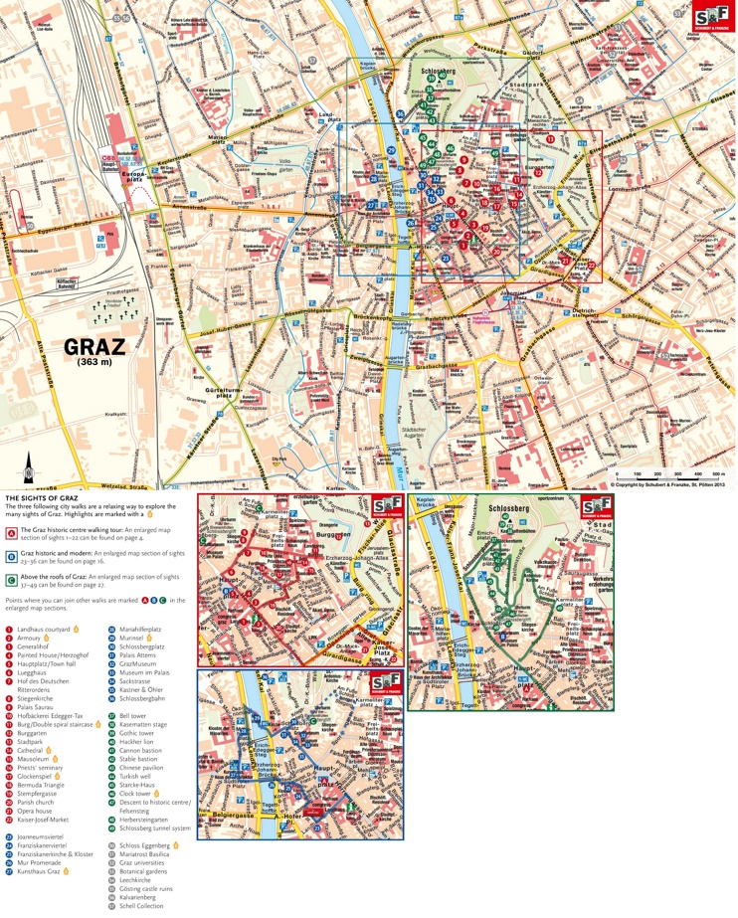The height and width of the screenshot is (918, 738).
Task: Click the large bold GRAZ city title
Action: (x=95, y=347)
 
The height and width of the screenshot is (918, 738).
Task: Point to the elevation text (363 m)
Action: (x=95, y=363)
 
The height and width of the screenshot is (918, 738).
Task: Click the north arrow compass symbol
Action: (x=30, y=464)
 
